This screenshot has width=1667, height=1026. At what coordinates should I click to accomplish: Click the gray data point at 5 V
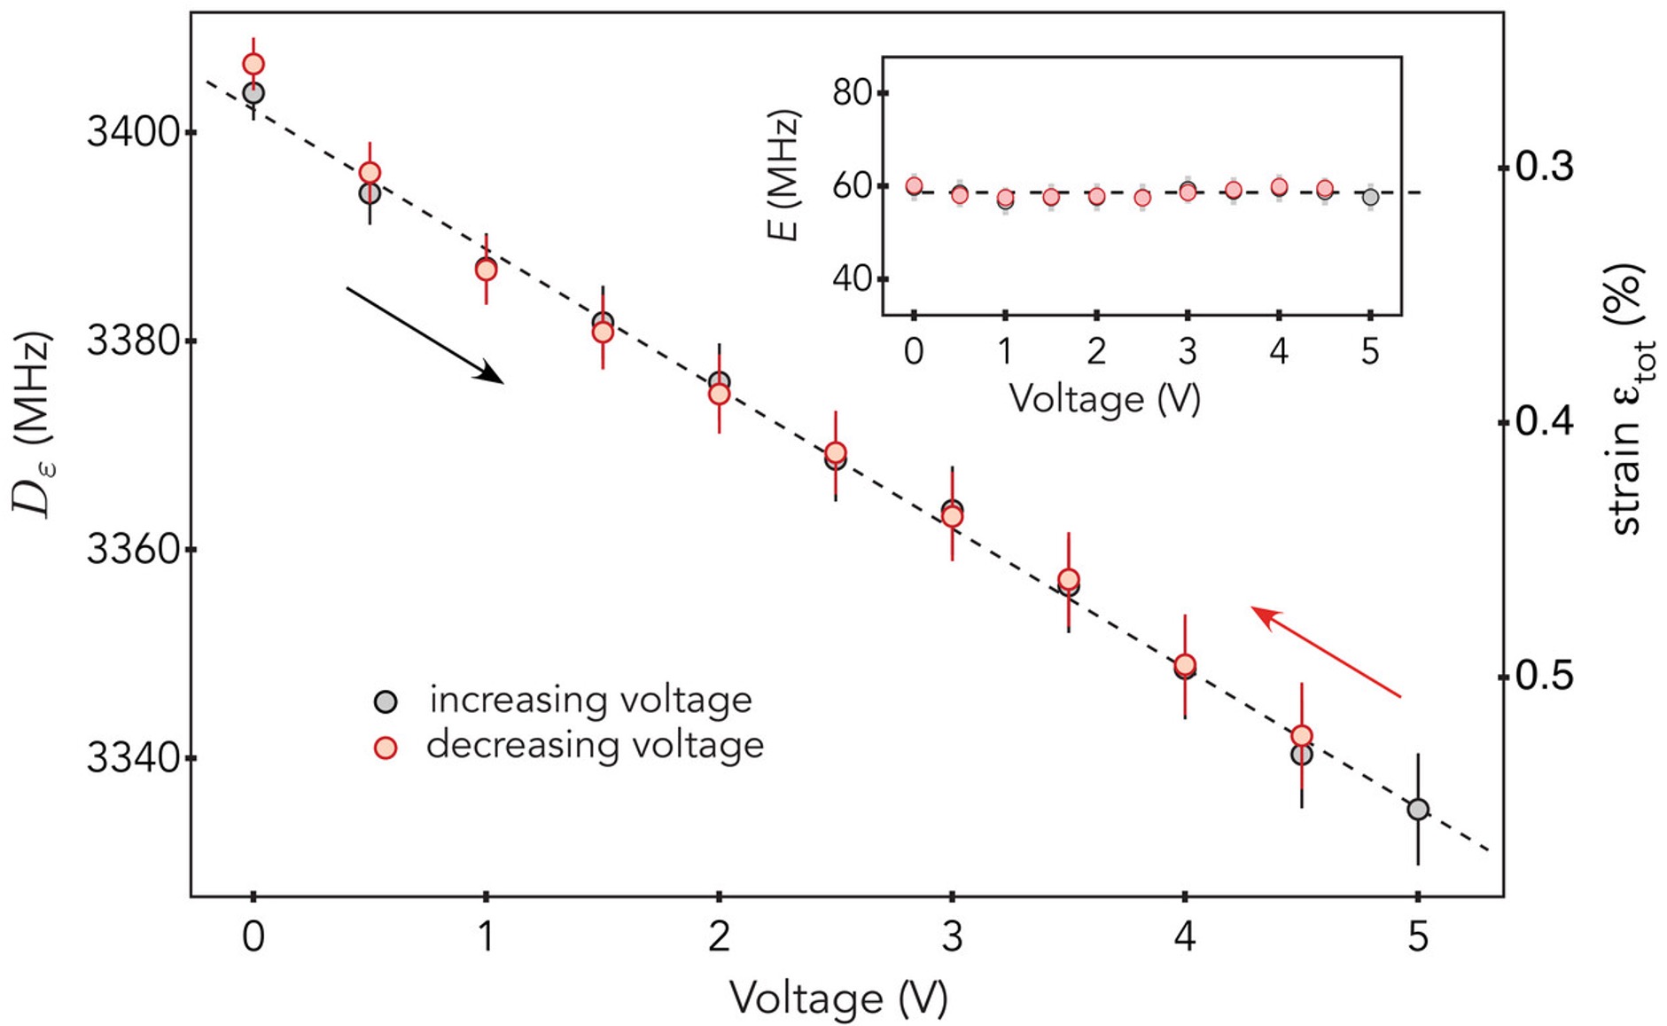click(1418, 809)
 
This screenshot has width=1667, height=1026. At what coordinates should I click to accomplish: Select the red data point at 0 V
click(253, 64)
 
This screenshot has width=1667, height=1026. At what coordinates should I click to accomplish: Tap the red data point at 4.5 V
click(1301, 736)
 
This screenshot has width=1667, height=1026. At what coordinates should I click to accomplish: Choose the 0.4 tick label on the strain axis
click(1544, 422)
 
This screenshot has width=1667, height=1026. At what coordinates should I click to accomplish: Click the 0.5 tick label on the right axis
click(1544, 676)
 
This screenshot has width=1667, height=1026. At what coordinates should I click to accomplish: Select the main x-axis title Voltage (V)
click(837, 999)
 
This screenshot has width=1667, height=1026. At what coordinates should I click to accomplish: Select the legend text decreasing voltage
click(595, 745)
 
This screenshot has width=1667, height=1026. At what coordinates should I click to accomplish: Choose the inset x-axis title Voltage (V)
click(1104, 399)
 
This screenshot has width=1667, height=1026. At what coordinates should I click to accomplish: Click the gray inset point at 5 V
click(1370, 197)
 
